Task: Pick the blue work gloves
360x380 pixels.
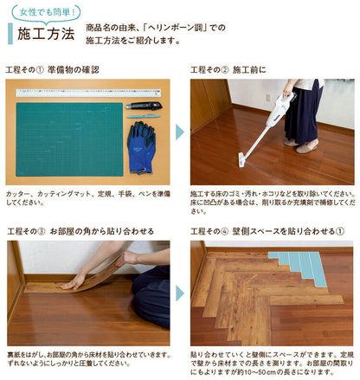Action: tap(141, 150)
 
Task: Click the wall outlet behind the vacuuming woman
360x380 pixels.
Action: tap(268, 98)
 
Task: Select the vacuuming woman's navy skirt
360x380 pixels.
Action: tap(305, 120)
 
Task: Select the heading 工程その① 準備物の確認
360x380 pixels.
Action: tap(52, 69)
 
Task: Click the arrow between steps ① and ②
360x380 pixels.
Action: tap(180, 132)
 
